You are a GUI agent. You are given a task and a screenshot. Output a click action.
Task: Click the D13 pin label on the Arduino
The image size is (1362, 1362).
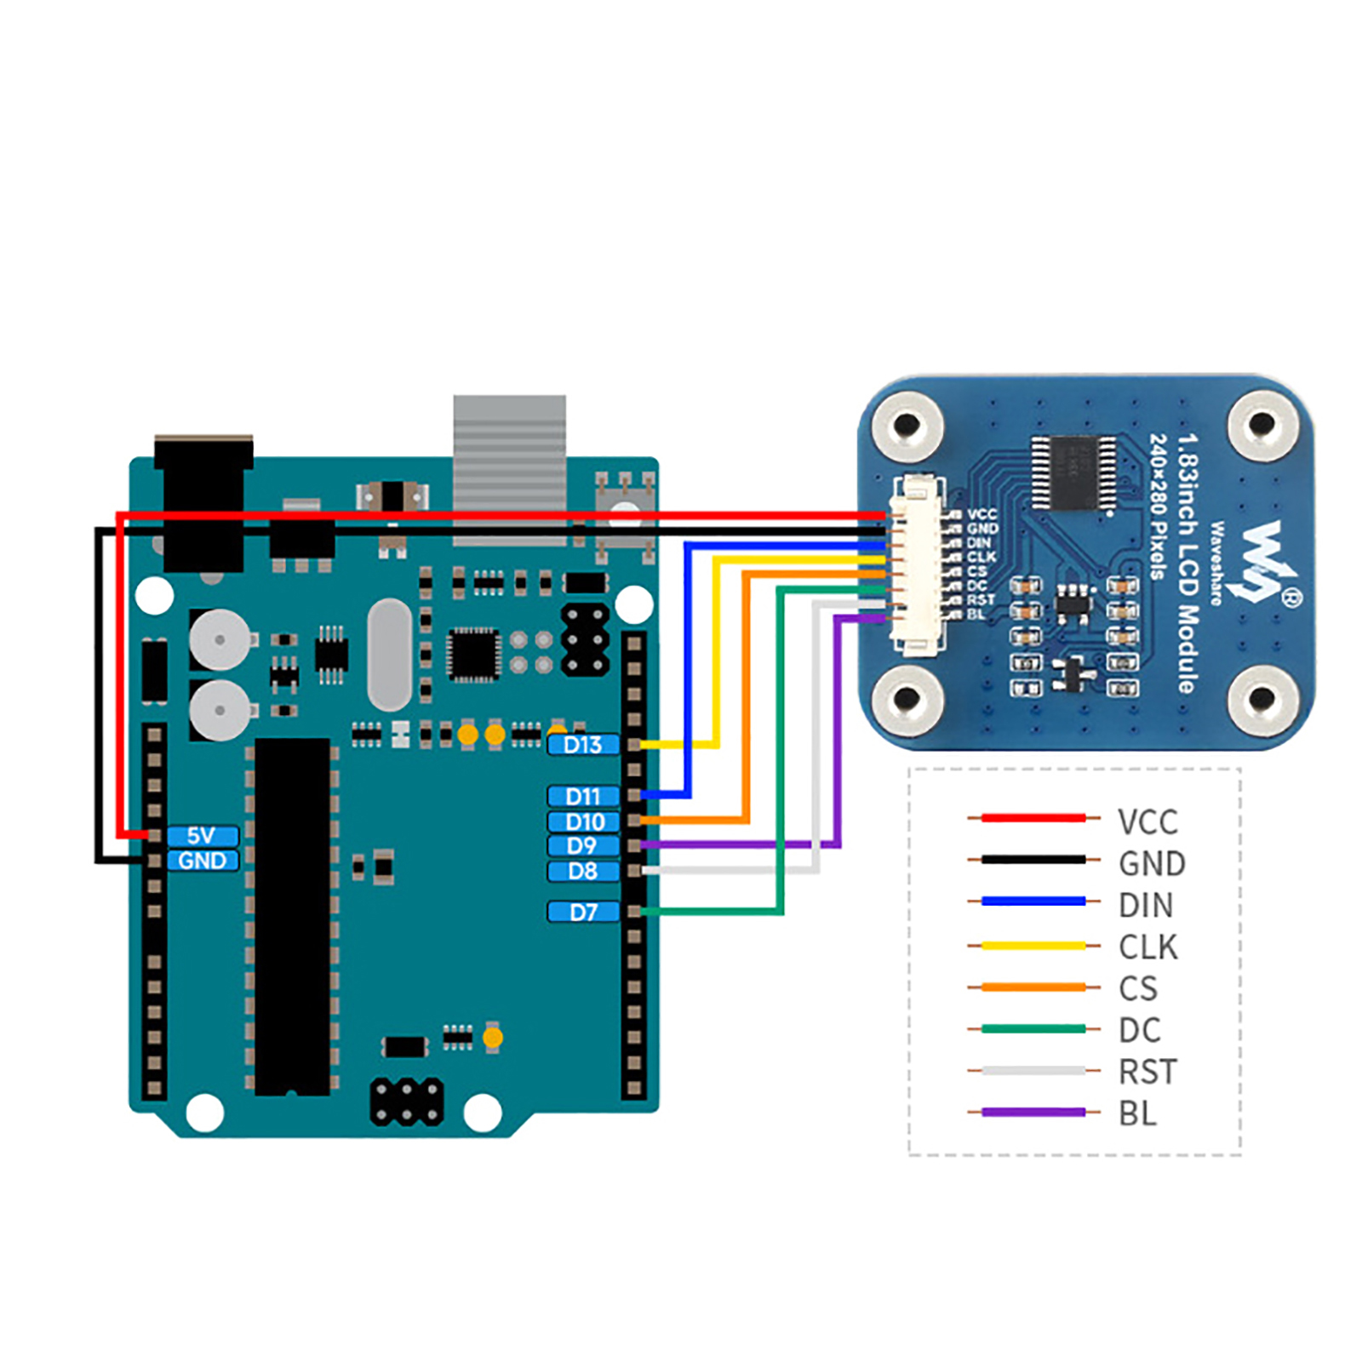pyautogui.click(x=583, y=745)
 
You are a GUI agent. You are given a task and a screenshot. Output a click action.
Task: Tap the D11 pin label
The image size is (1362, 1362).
pyautogui.click(x=583, y=796)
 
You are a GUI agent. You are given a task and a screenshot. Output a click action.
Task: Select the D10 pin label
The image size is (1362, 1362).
pyautogui.click(x=584, y=821)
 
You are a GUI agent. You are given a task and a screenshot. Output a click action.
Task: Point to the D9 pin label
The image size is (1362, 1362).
pyautogui.click(x=582, y=846)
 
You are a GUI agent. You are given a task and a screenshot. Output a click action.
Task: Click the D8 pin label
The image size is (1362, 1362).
pyautogui.click(x=582, y=871)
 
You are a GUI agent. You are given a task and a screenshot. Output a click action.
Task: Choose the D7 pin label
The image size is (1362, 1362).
pyautogui.click(x=583, y=913)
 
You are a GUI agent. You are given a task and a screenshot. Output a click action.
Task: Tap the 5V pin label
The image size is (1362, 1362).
pyautogui.click(x=202, y=836)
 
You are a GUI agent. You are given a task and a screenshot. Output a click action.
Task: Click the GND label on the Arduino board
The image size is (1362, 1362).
pyautogui.click(x=202, y=861)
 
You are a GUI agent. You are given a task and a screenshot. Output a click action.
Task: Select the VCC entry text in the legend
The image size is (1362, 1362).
pyautogui.click(x=1147, y=822)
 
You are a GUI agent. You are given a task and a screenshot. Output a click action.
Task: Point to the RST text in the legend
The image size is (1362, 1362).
pyautogui.click(x=1147, y=1072)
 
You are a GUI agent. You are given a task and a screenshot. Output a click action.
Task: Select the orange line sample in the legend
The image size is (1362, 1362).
pyautogui.click(x=1033, y=987)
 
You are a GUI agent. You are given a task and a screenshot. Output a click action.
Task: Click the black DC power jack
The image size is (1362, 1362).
pyautogui.click(x=203, y=502)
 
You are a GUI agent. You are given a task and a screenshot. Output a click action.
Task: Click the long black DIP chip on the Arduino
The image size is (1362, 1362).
pyautogui.click(x=292, y=916)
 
